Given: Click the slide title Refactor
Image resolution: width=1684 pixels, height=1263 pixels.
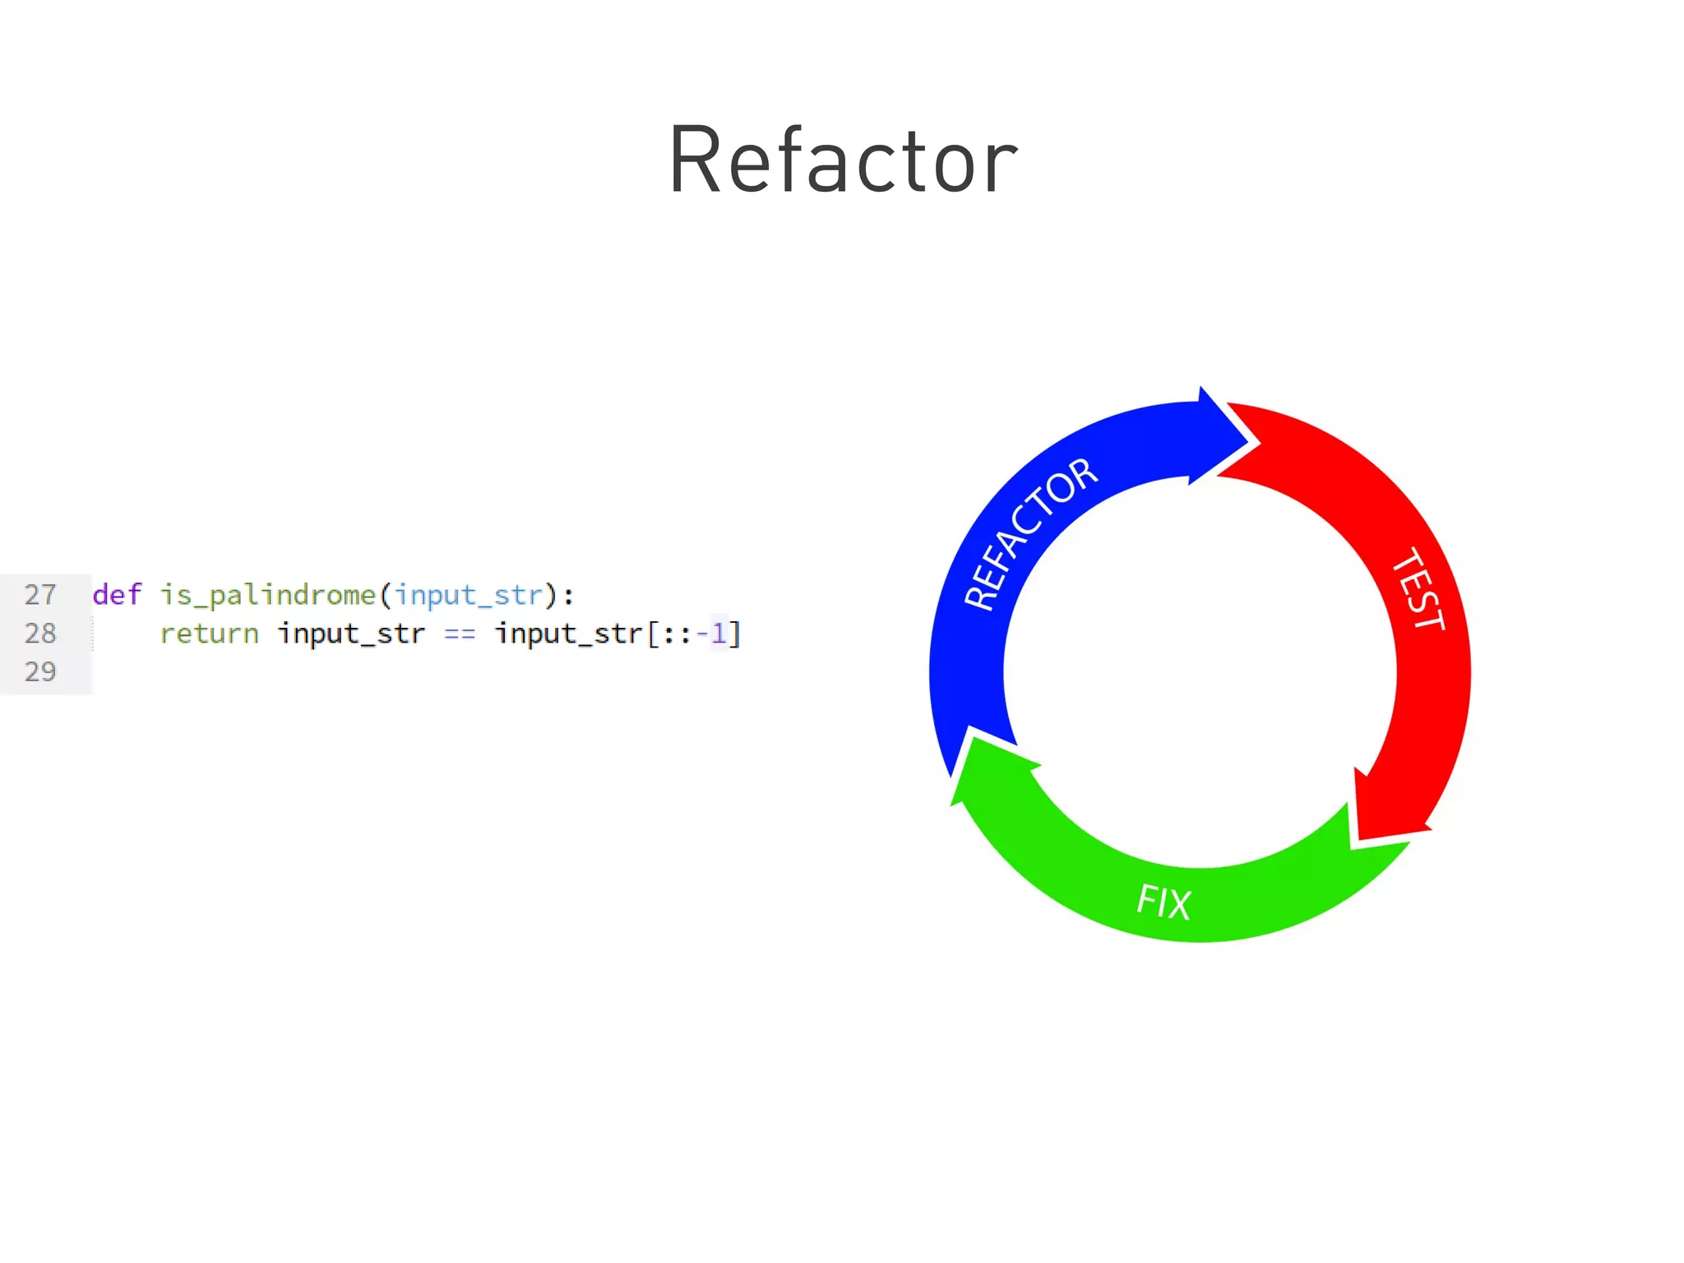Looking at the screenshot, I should pos(842,160).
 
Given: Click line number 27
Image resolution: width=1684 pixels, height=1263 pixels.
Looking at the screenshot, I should pos(40,594).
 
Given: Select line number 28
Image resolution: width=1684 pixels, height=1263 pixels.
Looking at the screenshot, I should pos(40,633).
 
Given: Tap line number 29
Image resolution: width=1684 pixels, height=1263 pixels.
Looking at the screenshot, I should pos(40,671).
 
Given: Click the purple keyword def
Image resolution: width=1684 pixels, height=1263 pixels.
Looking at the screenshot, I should pos(117,594).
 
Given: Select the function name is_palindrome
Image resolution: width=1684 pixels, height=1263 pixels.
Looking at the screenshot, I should pos(267,595).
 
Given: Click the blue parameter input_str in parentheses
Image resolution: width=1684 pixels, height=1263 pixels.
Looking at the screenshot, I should pos(469,595).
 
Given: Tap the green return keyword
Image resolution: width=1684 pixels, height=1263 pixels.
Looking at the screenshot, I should pos(209,634).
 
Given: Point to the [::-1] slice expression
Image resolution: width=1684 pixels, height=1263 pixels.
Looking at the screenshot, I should pos(694,634).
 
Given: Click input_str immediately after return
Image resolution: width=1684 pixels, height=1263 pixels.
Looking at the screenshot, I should pos(351,634).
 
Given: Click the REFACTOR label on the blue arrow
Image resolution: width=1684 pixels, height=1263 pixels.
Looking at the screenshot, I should pos(1029,533).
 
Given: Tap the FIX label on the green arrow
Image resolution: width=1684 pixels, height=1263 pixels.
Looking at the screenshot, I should pos(1163,902).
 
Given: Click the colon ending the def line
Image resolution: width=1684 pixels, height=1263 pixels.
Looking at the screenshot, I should pos(569,595).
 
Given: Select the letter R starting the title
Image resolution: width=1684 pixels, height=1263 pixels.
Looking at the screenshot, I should pos(695,160).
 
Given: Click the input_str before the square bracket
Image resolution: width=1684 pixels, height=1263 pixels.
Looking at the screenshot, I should pos(568,634).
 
